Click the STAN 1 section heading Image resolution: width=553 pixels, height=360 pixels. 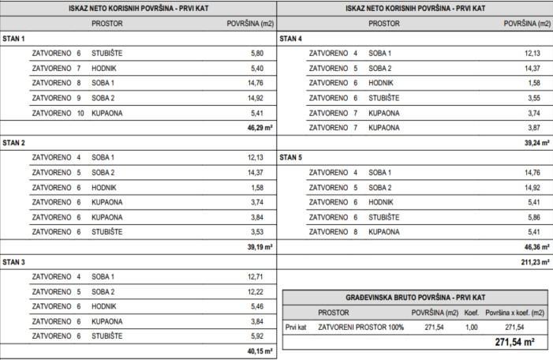coord(13,39)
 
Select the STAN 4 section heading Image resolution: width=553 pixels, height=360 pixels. coord(290,39)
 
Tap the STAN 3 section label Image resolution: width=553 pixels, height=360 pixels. coord(13,261)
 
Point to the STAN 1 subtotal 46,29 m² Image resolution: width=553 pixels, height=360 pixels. coord(260,127)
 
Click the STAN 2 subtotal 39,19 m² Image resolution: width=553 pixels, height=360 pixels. coord(260,247)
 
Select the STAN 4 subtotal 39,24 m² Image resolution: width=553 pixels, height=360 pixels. coord(537,142)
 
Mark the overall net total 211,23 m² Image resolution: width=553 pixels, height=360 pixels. coord(536,261)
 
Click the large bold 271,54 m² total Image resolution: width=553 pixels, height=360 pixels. coord(514,343)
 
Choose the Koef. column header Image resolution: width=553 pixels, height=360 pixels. coord(472,313)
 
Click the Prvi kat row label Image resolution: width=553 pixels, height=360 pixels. coord(296,327)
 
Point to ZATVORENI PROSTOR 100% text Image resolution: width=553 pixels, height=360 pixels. coord(360,327)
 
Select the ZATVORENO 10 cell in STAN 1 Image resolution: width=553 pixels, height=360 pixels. coord(58,113)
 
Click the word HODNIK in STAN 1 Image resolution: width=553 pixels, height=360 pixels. coord(105,69)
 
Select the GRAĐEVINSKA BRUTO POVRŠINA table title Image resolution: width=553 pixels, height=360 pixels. coord(415,297)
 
